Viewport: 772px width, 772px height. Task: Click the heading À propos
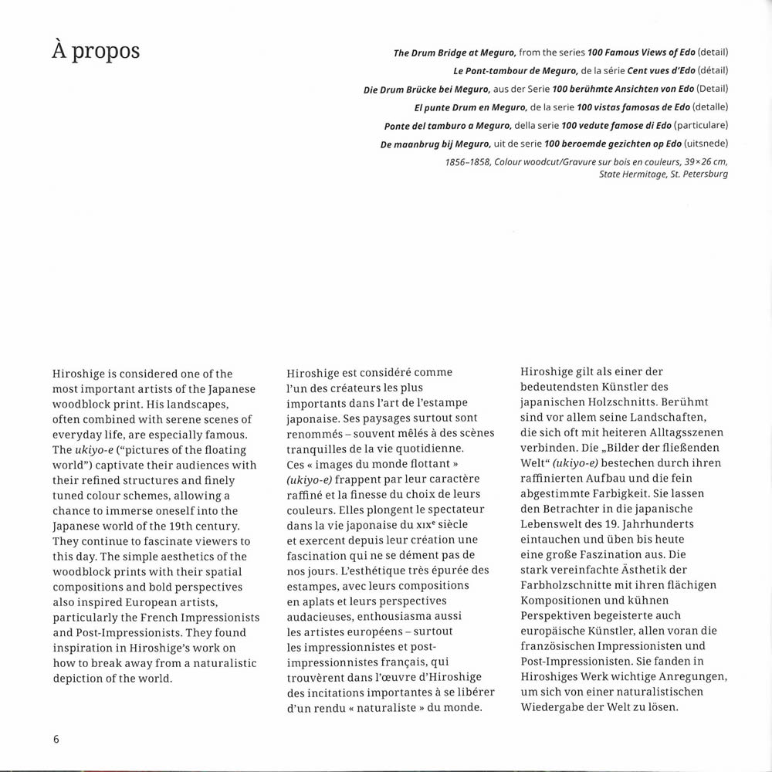(x=94, y=52)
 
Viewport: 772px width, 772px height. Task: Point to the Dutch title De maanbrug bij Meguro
(x=435, y=144)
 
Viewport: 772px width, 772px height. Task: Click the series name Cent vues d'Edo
(x=608, y=71)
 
